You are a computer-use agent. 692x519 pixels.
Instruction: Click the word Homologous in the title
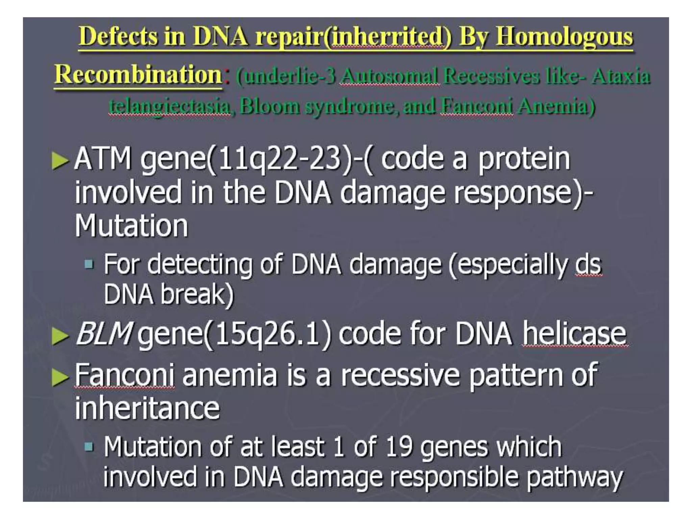coord(564,36)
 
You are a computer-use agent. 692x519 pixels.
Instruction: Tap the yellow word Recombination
coord(138,75)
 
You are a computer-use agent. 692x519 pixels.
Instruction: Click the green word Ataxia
coord(621,76)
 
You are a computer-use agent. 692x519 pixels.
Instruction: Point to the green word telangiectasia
coord(170,106)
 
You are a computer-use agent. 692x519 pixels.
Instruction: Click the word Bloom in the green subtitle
coord(270,106)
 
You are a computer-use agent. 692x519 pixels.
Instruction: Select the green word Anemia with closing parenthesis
coord(556,106)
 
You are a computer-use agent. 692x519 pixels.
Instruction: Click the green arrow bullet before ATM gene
coord(60,161)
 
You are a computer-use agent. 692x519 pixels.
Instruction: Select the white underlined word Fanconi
coord(124,375)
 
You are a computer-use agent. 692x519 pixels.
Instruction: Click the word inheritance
coord(147,408)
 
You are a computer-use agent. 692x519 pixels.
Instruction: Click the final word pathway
coord(574,477)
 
